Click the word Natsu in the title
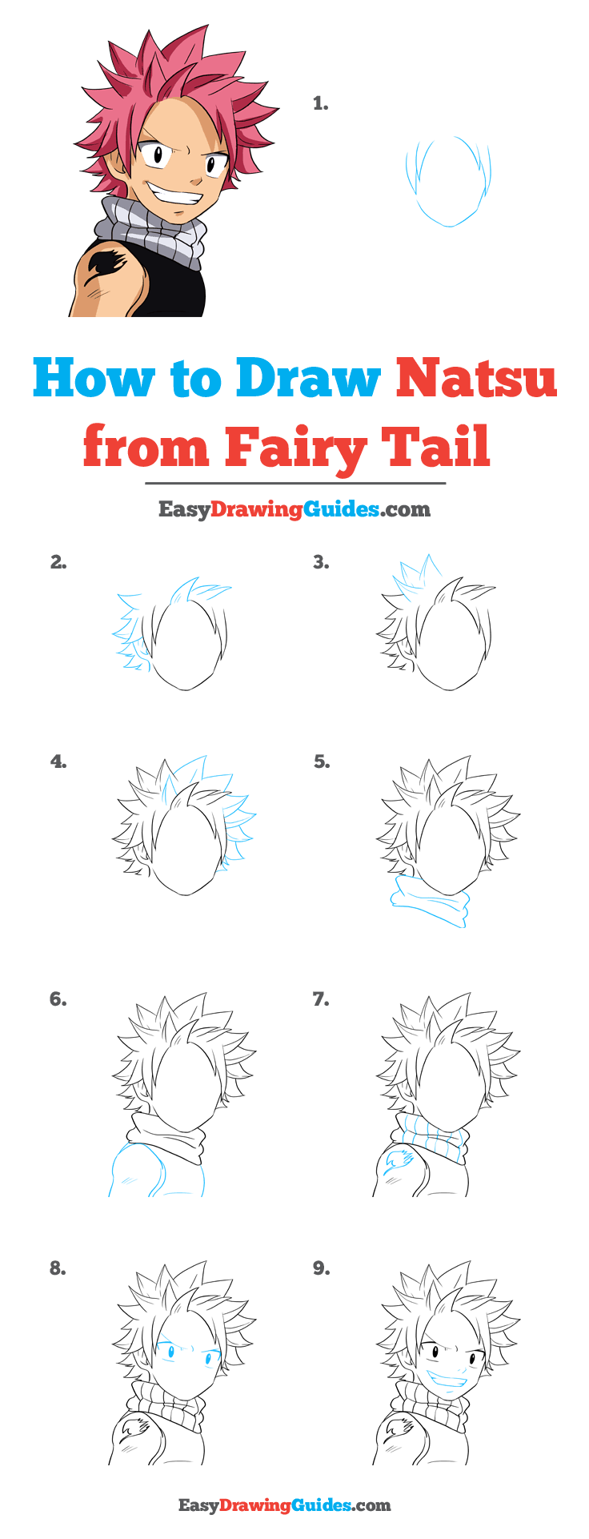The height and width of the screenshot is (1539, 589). click(476, 379)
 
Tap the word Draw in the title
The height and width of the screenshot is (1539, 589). click(308, 379)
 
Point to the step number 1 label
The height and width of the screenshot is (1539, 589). click(321, 103)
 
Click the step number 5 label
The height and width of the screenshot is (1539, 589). click(322, 761)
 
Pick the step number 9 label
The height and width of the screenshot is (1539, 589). click(321, 1268)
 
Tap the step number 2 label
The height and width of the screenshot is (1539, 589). click(58, 562)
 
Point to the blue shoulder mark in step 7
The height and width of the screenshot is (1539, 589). click(398, 1160)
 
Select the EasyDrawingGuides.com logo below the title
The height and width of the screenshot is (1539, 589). click(294, 509)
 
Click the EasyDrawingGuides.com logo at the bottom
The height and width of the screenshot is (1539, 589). click(284, 1505)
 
